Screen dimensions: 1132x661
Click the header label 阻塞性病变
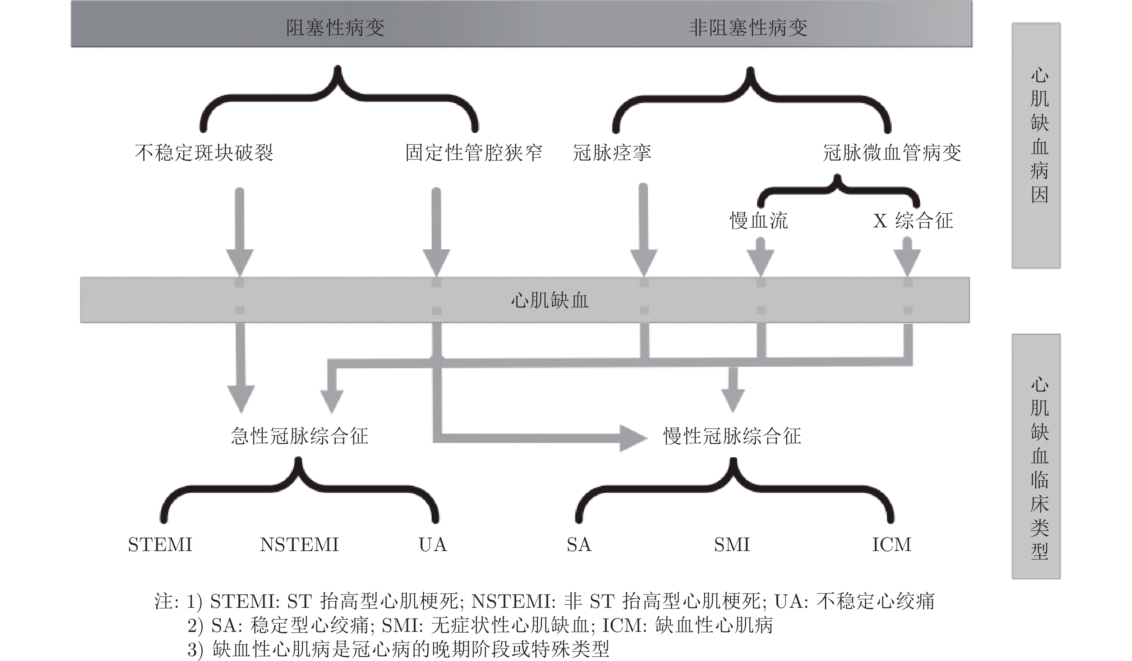[x=335, y=28]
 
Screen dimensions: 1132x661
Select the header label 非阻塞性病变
[x=748, y=28]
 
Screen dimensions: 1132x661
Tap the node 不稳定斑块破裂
[x=204, y=153]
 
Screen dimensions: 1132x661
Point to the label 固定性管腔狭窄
[x=474, y=153]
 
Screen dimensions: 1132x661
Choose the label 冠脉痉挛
[x=612, y=153]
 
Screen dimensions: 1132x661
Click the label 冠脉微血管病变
[x=892, y=153]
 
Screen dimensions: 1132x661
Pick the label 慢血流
[x=759, y=221]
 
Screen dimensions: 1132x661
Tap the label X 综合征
[x=913, y=221]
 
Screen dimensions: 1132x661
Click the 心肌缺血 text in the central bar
[x=549, y=300]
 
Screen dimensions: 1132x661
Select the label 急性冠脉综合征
[x=300, y=435]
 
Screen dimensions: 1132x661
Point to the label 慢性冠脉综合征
[x=732, y=435]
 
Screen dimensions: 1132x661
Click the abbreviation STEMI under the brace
[x=160, y=545]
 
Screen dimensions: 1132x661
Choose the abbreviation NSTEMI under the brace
[x=299, y=545]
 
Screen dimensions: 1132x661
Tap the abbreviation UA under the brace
[x=433, y=545]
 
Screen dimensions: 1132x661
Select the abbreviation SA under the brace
[x=579, y=545]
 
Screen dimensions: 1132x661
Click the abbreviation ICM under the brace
[x=892, y=545]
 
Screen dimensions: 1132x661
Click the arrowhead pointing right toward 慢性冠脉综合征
[x=632, y=438]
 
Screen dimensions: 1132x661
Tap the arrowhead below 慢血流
[x=760, y=263]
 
